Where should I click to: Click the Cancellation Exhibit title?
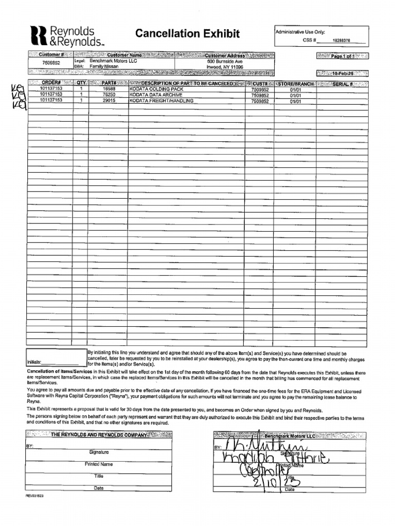[x=187, y=34]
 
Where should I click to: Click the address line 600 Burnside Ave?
[x=224, y=61]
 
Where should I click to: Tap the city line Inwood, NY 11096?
[x=224, y=67]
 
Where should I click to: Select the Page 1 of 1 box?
[x=342, y=56]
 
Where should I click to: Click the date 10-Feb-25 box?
[x=342, y=73]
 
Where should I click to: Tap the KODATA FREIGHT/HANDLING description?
[x=161, y=101]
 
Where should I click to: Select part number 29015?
[x=109, y=101]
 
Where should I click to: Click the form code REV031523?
[x=36, y=496]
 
